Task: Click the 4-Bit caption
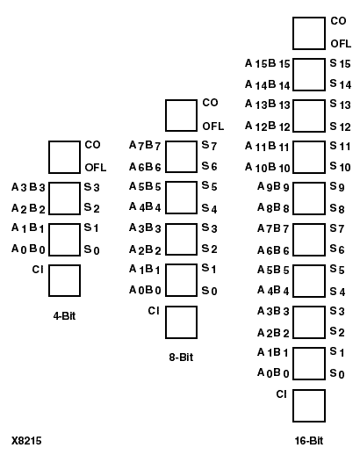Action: click(x=64, y=314)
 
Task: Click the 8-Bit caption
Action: click(x=181, y=357)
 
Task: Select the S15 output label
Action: click(x=340, y=63)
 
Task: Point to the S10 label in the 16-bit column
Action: click(x=340, y=167)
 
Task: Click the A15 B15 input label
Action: click(x=268, y=64)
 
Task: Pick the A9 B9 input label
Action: click(x=273, y=188)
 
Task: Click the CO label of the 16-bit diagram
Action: click(x=338, y=21)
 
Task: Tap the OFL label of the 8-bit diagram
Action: click(x=212, y=126)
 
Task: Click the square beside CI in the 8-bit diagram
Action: click(x=181, y=321)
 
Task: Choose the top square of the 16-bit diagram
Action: click(x=308, y=32)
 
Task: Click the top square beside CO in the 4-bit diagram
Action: click(x=64, y=156)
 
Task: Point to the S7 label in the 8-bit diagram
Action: click(x=209, y=146)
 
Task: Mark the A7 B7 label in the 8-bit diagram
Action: click(x=144, y=146)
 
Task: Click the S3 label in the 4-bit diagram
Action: click(x=91, y=187)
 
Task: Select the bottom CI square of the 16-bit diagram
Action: click(x=308, y=405)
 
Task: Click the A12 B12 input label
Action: click(x=268, y=126)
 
